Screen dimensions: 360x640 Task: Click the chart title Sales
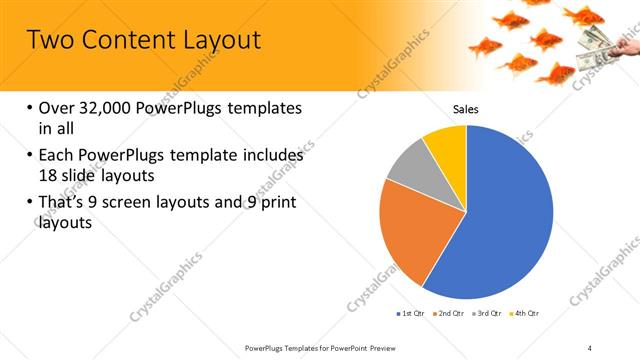click(x=466, y=109)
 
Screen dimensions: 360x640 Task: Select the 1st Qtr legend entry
click(x=411, y=314)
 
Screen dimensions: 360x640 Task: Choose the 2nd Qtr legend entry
click(x=450, y=314)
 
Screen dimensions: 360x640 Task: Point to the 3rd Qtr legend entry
click(x=489, y=314)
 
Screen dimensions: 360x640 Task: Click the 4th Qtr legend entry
click(x=526, y=314)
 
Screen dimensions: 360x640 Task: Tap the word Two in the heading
click(x=47, y=40)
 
